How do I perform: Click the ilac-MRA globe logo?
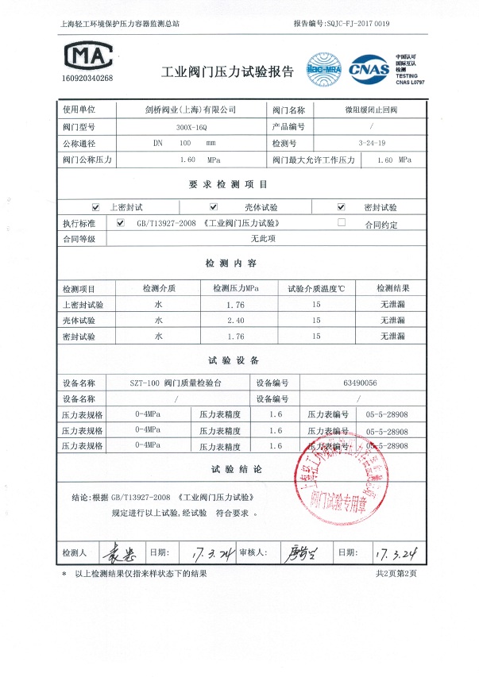pyautogui.click(x=323, y=67)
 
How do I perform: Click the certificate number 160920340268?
pyautogui.click(x=87, y=79)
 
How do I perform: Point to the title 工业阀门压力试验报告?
pyautogui.click(x=227, y=71)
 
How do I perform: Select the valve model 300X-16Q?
pyautogui.click(x=187, y=127)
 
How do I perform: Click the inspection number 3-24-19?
pyautogui.click(x=373, y=144)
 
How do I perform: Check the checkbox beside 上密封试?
pyautogui.click(x=96, y=206)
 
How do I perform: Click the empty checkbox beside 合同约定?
pyautogui.click(x=342, y=223)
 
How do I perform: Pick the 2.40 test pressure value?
pyautogui.click(x=236, y=320)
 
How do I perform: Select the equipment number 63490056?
pyautogui.click(x=360, y=382)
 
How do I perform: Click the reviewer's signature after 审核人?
pyautogui.click(x=300, y=552)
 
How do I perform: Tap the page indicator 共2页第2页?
pyautogui.click(x=396, y=572)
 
